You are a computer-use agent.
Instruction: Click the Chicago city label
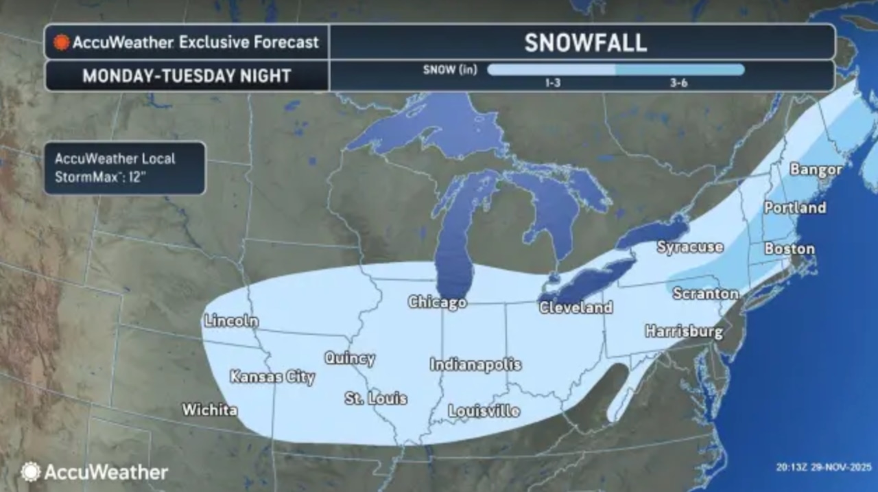pos(437,302)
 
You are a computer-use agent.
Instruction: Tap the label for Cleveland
pos(576,307)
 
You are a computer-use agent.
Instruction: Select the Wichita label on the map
pos(210,410)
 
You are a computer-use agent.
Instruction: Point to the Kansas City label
pos(272,377)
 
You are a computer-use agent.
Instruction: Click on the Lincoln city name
pos(231,320)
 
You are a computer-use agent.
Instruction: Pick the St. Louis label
pos(376,398)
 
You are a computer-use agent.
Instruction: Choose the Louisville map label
pos(484,411)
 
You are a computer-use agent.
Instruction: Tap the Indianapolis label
pos(475,365)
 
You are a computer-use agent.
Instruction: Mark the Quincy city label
pos(350,358)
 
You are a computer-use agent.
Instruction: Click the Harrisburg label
pos(684,332)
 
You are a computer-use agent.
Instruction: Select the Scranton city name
pos(705,294)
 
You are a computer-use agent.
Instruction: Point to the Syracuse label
pos(690,247)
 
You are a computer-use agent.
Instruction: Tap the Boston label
pos(790,249)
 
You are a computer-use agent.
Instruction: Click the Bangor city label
pos(816,169)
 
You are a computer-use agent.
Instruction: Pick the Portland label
pos(795,208)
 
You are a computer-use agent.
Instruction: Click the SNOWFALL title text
pos(585,43)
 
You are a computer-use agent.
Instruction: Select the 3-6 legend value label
pos(680,82)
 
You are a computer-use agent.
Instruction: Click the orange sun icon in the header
pos(61,43)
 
